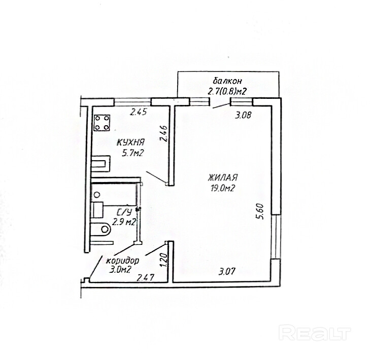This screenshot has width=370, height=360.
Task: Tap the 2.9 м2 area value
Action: [124, 222]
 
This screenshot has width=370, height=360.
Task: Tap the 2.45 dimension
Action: [138, 113]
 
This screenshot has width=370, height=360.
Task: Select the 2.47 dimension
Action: [146, 277]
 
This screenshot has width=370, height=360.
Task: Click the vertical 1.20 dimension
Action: [163, 260]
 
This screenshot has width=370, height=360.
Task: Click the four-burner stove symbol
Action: [102, 122]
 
